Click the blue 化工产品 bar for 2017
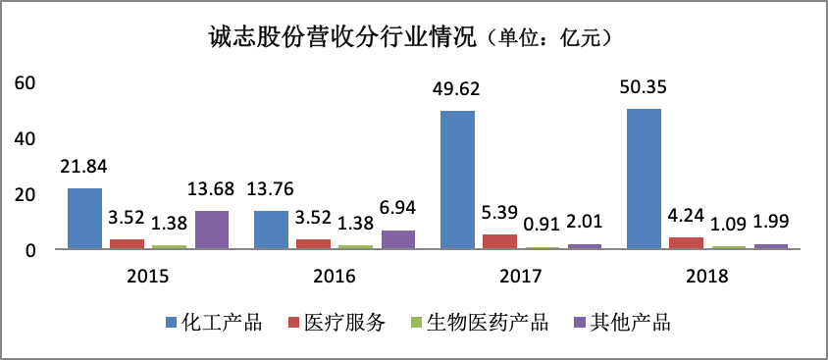pos(457,180)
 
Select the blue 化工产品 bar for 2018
pos(644,180)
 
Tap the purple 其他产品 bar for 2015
pos(212,231)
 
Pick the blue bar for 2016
pos(271,231)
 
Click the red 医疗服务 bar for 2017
pos(499,242)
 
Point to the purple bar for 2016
pos(398,240)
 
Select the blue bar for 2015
pos(84,219)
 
